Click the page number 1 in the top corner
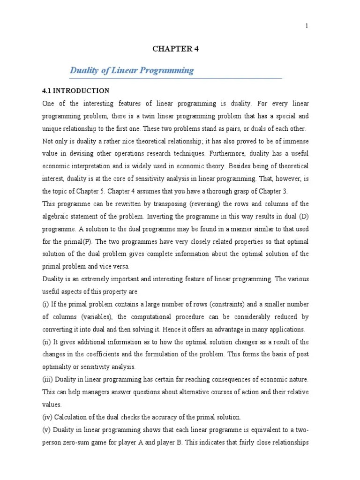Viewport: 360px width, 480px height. [x=307, y=26]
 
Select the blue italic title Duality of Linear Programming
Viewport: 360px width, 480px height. [x=132, y=71]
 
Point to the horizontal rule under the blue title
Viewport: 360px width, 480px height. [x=175, y=78]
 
